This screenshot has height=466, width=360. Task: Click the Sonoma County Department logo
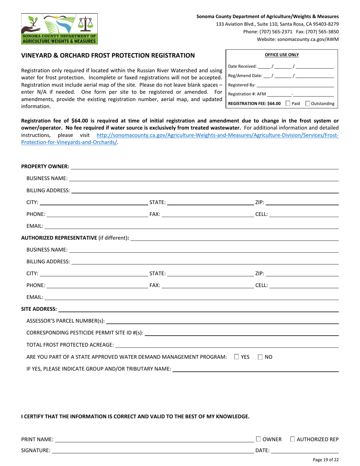pyautogui.click(x=59, y=29)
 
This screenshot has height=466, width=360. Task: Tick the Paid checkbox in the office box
pyautogui.click(x=288, y=103)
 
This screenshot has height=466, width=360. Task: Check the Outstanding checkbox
pyautogui.click(x=307, y=103)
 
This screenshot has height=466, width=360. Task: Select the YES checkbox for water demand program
pyautogui.click(x=236, y=357)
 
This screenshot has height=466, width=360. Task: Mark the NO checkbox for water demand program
pyautogui.click(x=260, y=357)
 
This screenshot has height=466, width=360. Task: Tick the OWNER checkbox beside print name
pyautogui.click(x=258, y=439)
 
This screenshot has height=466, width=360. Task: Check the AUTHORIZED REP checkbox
pyautogui.click(x=293, y=439)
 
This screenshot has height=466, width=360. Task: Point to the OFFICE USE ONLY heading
pyautogui.click(x=282, y=55)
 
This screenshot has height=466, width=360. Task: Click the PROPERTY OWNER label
pyautogui.click(x=45, y=167)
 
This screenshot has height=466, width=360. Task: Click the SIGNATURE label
pyautogui.click(x=36, y=450)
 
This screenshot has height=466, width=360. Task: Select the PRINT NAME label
pyautogui.click(x=37, y=439)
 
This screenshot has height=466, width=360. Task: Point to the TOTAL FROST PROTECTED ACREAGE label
pyautogui.click(x=70, y=345)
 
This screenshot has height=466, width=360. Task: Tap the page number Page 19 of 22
pyautogui.click(x=326, y=460)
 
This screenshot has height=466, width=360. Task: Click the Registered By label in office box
pyautogui.click(x=242, y=85)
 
